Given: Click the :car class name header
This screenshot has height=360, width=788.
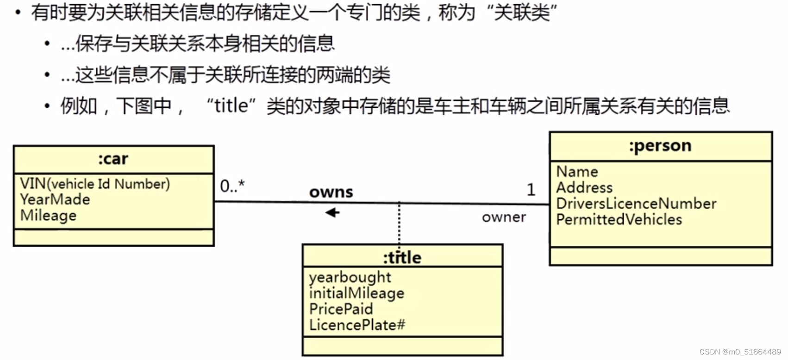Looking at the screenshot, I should coord(113,159).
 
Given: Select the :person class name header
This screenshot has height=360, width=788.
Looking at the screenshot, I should coord(660,146).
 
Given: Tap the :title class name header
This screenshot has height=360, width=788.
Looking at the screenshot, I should coord(402,257).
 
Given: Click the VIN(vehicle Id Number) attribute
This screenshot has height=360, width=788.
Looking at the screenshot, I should coord(95,184).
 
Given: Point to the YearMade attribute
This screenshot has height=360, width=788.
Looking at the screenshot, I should coord(55,199).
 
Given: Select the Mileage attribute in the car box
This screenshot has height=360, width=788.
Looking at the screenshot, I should coord(48,215).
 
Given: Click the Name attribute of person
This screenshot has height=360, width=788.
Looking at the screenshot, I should coord(577,172).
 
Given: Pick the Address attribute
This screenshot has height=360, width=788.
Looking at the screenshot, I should coord(584,187).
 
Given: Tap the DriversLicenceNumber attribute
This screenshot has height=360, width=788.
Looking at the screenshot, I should coord(636,204).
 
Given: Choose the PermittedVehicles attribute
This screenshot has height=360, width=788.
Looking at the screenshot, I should coord(619,219).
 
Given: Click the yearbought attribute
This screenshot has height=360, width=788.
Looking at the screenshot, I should coord(350,277).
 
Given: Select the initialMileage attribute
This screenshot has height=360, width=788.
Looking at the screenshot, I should coord(356,293).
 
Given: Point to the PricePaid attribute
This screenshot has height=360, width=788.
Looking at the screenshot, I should coord(341,309).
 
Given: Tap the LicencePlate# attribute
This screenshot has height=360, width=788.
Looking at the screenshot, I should coord(357,325).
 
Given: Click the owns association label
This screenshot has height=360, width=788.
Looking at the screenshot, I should coord(331,192).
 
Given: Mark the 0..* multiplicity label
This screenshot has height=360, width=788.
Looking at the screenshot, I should coord(232,186).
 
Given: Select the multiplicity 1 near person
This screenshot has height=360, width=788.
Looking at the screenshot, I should coord(531,189).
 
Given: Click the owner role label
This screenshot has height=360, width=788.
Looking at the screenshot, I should coord(504,217).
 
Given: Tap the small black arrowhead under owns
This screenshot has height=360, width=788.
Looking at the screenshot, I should coord(332,212).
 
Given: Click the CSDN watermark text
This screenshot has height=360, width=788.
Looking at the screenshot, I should coord(740,352).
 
